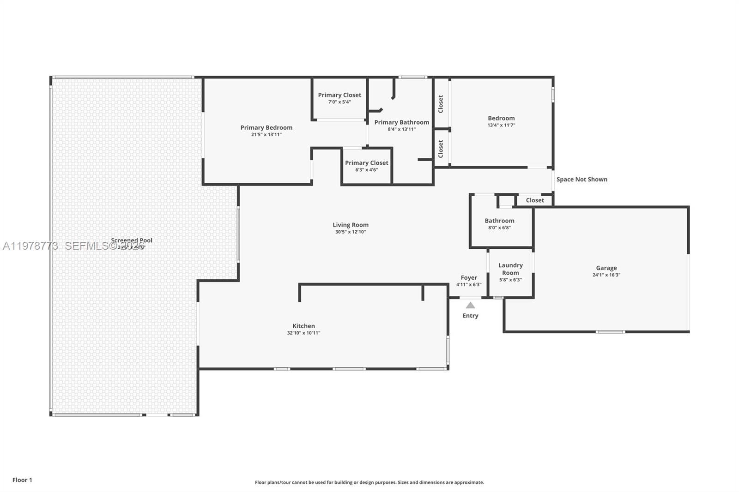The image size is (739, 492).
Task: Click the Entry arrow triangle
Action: coord(470,306)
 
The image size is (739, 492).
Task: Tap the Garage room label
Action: coord(606,268)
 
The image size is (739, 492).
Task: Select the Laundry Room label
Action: coord(510,269)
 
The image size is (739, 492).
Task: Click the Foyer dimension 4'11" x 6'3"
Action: coord(469,285)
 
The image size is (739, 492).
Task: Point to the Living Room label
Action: coord(351,225)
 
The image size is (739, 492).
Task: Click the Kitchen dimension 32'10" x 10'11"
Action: coord(303,333)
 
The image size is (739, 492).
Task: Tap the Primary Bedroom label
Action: coord(266,127)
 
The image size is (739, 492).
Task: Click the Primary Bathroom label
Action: coord(401,122)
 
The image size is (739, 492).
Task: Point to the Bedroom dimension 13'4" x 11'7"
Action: coord(501,125)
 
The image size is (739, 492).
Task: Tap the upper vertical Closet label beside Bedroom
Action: coord(441,104)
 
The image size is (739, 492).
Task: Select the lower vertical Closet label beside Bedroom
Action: coord(441,149)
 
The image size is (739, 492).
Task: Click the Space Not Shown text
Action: coord(582,180)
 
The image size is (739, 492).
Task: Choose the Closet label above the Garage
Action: coord(535,200)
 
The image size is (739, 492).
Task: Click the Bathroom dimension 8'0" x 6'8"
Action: coord(499,228)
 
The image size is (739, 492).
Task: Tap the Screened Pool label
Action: coord(132,240)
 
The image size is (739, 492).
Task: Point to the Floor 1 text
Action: coord(22,480)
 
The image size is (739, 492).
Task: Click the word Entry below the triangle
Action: coord(470,316)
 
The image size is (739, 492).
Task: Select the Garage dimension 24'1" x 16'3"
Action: coord(606,275)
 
